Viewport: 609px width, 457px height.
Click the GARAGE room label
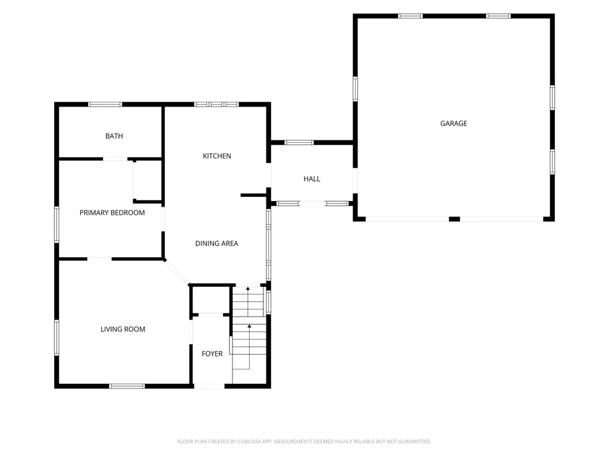[454, 123]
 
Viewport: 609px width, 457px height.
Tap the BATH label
[114, 136]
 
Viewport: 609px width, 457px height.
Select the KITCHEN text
[216, 156]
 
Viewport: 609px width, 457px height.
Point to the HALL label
[312, 179]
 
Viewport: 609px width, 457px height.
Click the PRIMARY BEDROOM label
[112, 212]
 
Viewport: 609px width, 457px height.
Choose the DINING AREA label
[216, 243]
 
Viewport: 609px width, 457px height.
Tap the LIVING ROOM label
[123, 329]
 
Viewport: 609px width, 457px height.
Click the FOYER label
[212, 353]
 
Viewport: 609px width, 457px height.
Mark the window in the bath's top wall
[105, 104]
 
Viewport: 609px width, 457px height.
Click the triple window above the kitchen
[216, 104]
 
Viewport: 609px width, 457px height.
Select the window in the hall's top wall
[299, 143]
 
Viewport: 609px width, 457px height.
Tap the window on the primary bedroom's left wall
[56, 224]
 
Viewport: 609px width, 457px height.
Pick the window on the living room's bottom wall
[127, 386]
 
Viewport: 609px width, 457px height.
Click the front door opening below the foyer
[209, 386]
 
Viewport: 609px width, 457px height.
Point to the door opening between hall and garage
[355, 180]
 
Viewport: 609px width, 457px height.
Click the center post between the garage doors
[454, 219]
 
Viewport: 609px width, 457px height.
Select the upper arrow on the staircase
[248, 302]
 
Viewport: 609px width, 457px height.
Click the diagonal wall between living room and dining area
[177, 271]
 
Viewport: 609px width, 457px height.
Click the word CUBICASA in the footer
[249, 442]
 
